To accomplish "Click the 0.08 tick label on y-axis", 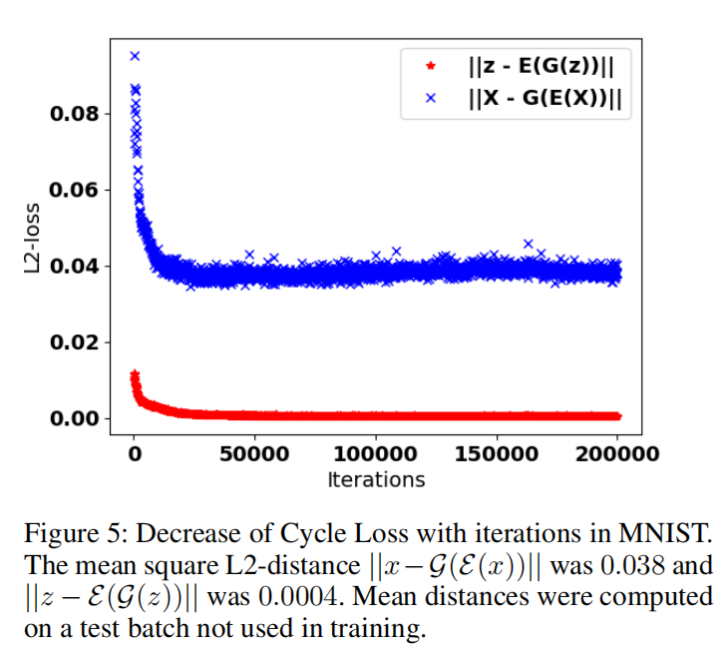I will tap(75, 114).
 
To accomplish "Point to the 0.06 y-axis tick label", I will tap(75, 190).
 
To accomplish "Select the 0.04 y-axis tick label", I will tap(75, 267).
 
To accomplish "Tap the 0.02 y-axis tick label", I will tap(75, 342).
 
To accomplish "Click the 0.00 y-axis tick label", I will tap(75, 418).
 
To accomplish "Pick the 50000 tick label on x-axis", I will tap(254, 454).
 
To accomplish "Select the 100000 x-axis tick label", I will tap(375, 454).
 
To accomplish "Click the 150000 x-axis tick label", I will tap(496, 454).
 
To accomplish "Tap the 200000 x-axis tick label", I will tap(617, 454).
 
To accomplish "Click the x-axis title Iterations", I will tap(376, 480).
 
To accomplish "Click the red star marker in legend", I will tap(430, 67).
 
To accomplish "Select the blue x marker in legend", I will tap(430, 98).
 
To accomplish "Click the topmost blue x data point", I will tap(135, 56).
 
